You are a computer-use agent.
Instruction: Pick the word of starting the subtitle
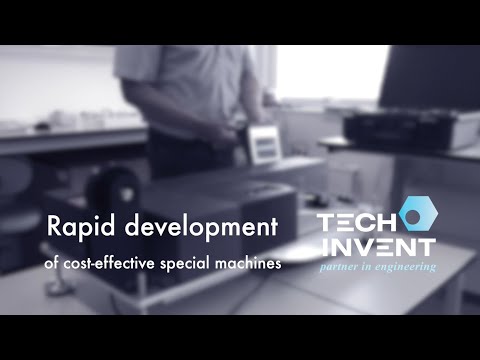tap(54, 263)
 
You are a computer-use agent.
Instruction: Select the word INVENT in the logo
tap(376, 246)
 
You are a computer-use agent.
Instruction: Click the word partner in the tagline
tap(340, 267)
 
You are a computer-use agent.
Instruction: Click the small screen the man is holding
tap(262, 146)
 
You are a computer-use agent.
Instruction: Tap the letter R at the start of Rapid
tap(56, 228)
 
